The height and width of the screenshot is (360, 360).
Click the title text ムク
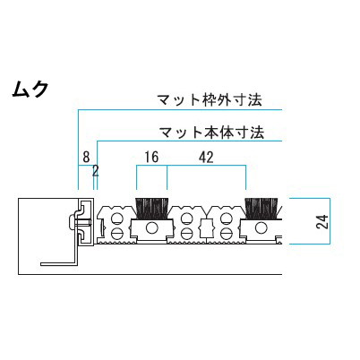(30, 89)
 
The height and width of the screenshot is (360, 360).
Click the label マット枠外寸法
(210, 99)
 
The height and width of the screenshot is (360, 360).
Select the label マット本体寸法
(212, 133)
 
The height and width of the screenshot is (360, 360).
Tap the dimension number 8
(86, 157)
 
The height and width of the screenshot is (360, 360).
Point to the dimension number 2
(96, 171)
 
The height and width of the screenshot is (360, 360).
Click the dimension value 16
(151, 158)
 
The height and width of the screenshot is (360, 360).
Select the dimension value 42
(206, 158)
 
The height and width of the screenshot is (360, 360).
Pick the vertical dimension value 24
(322, 221)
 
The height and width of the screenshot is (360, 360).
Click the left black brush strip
(152, 208)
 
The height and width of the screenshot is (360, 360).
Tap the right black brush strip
(261, 208)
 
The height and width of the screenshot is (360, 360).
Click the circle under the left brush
(152, 228)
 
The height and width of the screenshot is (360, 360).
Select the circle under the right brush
(261, 228)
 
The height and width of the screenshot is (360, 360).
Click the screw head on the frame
(71, 222)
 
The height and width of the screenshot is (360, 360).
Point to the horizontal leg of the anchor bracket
(58, 264)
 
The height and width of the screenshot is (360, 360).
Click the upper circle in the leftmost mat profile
(116, 219)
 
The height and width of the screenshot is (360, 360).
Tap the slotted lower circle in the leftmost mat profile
(116, 232)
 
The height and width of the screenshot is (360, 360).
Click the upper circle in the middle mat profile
(186, 219)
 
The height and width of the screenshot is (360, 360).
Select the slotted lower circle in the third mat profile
(226, 232)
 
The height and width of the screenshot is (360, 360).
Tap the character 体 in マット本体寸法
(227, 133)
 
